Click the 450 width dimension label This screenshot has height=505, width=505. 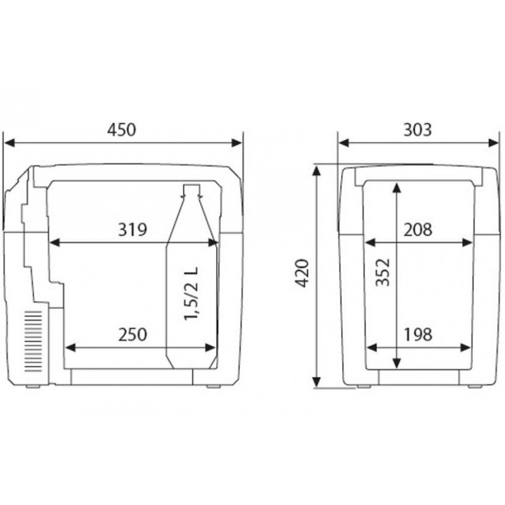coord(122,130)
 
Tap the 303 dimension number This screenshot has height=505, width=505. coord(417,130)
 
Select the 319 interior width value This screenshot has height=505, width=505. coord(133,230)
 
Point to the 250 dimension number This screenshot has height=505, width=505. coord(133,335)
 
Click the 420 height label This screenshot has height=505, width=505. coord(302,273)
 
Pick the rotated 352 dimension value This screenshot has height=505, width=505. coord(383,273)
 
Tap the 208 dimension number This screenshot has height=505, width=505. coord(418,230)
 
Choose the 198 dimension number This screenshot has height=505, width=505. coord(418,335)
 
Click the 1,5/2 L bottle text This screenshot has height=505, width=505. coord(191,294)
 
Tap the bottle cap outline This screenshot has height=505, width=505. coord(192,189)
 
